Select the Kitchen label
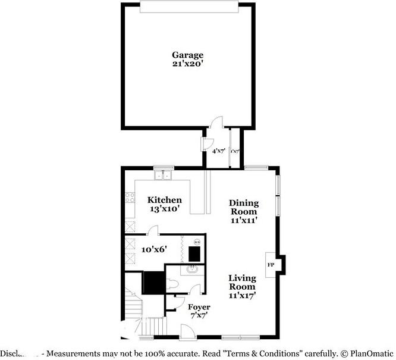pos(165,200)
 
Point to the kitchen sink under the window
pos(163,176)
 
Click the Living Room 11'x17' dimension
pos(242,295)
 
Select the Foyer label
pos(199,307)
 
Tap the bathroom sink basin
pos(191,271)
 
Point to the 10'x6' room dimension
pos(153,250)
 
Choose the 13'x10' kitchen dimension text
pos(165,209)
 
